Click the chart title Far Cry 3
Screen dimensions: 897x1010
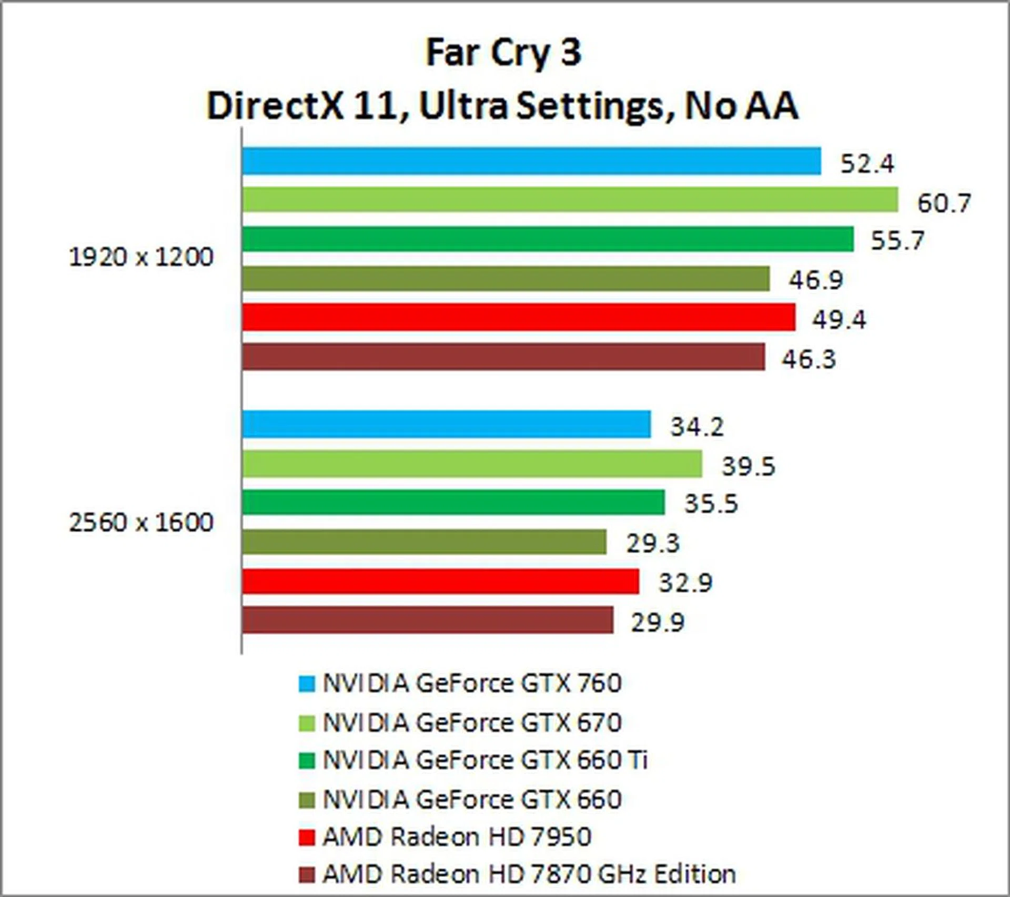(x=503, y=53)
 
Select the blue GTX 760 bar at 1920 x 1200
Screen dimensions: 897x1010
(x=531, y=161)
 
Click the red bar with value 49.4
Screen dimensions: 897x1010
(x=519, y=318)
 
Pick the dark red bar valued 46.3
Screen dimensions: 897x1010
(x=503, y=357)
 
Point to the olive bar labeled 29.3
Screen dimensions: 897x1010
(x=424, y=542)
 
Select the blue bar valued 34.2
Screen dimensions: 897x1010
(x=446, y=424)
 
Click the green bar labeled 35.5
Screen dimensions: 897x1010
(x=453, y=502)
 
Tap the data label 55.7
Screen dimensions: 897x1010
(x=897, y=241)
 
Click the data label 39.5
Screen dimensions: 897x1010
(x=748, y=466)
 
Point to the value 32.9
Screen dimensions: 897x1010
(x=685, y=583)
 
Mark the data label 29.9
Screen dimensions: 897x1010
(x=658, y=623)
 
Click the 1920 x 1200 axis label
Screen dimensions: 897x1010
(x=141, y=258)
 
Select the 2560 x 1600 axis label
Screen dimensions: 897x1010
(x=141, y=523)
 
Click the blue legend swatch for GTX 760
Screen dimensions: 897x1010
(x=307, y=684)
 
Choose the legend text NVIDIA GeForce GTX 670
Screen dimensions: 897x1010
(x=472, y=723)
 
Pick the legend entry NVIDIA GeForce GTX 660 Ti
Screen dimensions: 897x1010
(x=484, y=760)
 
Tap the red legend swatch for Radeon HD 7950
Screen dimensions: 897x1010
(x=307, y=837)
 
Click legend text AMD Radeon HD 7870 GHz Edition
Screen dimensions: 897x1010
(x=529, y=874)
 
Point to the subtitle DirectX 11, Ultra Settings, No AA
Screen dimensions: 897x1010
(x=503, y=106)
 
